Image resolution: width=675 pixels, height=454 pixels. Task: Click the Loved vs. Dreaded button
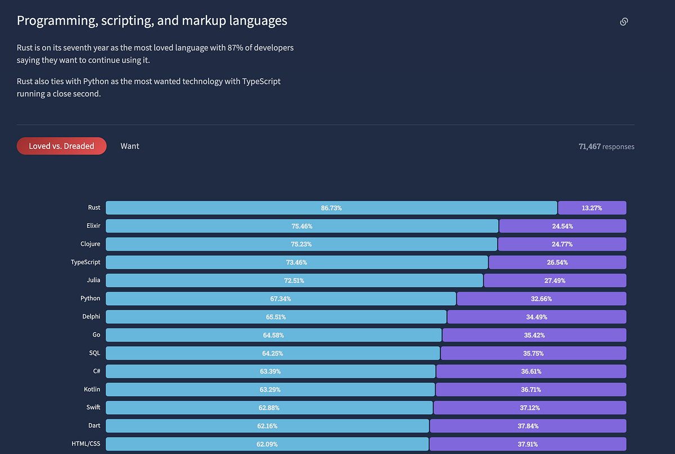point(61,146)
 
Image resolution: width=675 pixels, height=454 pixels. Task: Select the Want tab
point(130,146)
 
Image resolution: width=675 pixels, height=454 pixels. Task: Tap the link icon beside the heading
point(623,22)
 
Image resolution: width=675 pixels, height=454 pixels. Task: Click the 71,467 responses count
point(606,147)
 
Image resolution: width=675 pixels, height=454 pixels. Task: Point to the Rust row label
point(94,208)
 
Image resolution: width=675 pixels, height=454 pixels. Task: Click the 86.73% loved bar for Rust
point(331,208)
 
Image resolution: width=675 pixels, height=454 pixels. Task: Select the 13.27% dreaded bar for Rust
point(592,208)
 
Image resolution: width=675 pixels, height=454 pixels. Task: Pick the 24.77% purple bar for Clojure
point(562,244)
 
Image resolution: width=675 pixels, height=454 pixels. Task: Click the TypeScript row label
point(85,262)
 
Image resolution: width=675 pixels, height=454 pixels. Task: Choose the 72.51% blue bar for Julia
point(294,280)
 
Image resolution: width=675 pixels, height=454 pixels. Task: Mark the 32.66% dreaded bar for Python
point(542,299)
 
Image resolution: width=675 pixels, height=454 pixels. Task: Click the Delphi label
point(91,317)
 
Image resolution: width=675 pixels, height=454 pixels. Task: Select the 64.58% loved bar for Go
point(273,335)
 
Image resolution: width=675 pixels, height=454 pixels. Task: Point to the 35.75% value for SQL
point(533,353)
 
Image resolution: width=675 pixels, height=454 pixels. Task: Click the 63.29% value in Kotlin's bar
point(270,389)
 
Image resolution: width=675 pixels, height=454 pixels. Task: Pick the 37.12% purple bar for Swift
point(529,408)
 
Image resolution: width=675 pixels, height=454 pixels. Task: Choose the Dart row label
point(94,426)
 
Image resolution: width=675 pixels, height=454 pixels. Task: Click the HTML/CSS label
point(87,444)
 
